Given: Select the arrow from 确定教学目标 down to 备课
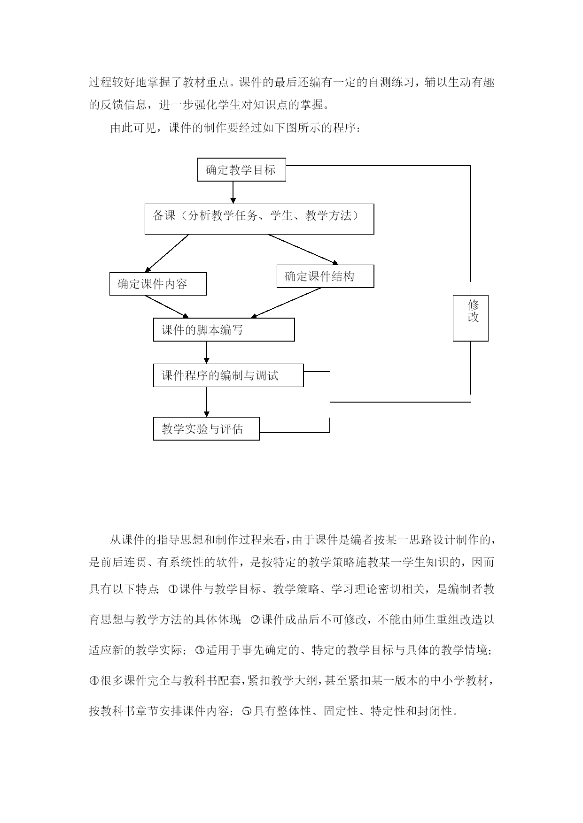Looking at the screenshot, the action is tap(233, 192).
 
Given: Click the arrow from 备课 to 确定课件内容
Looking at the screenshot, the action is tap(167, 253).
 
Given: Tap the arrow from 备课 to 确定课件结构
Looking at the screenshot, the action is tap(303, 250).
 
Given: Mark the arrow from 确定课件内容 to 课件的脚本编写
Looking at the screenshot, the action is tap(167, 307).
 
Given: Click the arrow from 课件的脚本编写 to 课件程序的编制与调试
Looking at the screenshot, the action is tap(206, 352).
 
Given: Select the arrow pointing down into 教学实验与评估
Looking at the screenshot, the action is tap(206, 402).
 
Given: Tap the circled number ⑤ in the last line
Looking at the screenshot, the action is tap(247, 711).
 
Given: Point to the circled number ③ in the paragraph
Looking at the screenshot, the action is tap(199, 650).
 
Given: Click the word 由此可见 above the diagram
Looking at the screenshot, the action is tap(133, 128).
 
